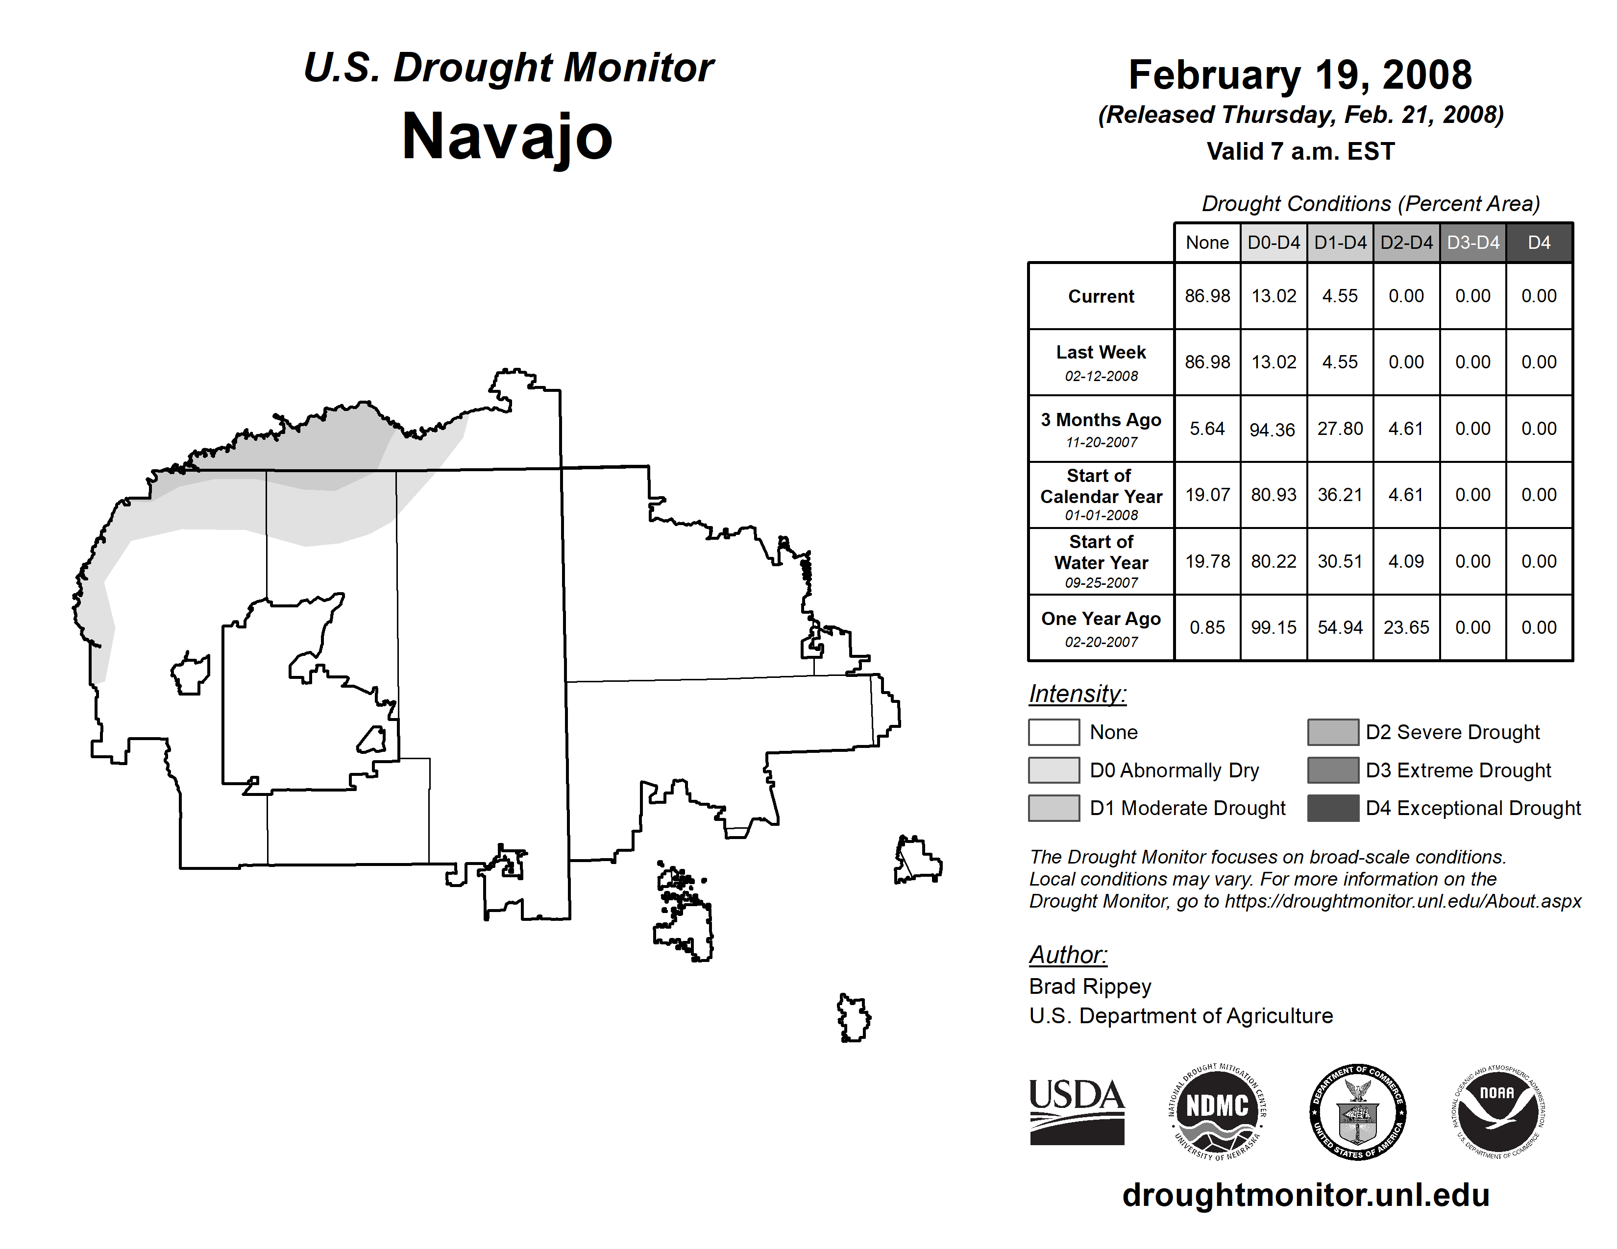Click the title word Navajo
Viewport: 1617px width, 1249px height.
pos(507,137)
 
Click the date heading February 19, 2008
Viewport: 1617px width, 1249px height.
pos(1300,75)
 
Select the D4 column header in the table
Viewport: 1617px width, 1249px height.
pos(1539,242)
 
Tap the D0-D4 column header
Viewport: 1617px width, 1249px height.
pos(1274,242)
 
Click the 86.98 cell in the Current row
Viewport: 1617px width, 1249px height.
pos(1207,296)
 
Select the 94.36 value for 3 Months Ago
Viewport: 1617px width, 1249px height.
pos(1273,429)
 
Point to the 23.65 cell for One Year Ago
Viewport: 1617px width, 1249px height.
pos(1406,627)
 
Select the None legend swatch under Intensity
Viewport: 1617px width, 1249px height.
pos(1053,732)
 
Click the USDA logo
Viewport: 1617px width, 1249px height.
pos(1077,1111)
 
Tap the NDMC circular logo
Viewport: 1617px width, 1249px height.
pos(1217,1111)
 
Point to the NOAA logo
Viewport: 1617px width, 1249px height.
pos(1497,1111)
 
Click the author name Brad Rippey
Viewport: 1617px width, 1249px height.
pos(1090,986)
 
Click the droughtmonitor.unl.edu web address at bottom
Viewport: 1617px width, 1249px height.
pos(1305,1195)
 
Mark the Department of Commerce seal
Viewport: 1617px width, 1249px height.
pos(1358,1111)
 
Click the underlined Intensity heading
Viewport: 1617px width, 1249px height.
pos(1077,694)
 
